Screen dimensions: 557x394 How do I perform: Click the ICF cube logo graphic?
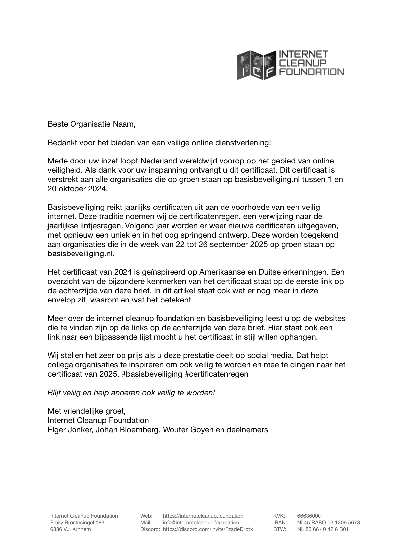click(257, 65)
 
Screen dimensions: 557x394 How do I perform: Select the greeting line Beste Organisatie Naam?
click(92, 124)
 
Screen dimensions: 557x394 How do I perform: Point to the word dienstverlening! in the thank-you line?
click(243, 143)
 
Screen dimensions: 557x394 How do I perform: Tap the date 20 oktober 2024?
click(77, 189)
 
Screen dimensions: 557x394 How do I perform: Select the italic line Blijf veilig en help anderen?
click(131, 393)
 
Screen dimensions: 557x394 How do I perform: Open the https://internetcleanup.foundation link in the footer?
click(203, 516)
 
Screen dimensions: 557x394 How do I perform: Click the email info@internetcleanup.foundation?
click(201, 523)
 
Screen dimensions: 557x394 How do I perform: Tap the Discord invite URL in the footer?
click(208, 529)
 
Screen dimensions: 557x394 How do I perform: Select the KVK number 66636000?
click(309, 516)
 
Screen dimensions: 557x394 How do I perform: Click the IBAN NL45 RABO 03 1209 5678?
click(328, 523)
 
